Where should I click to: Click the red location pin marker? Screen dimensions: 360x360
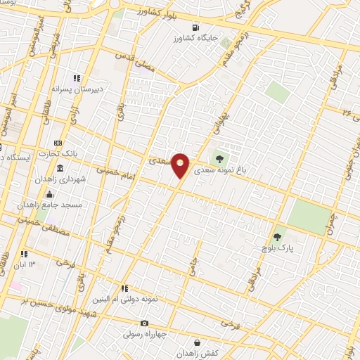[181, 165]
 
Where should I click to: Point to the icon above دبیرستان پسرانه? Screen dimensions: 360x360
[76, 79]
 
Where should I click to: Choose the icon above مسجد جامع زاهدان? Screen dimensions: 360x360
[49, 194]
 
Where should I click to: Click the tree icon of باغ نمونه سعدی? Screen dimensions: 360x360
[220, 159]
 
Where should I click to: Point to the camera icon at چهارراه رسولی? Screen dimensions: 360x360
[144, 323]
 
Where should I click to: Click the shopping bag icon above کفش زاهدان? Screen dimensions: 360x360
[196, 342]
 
